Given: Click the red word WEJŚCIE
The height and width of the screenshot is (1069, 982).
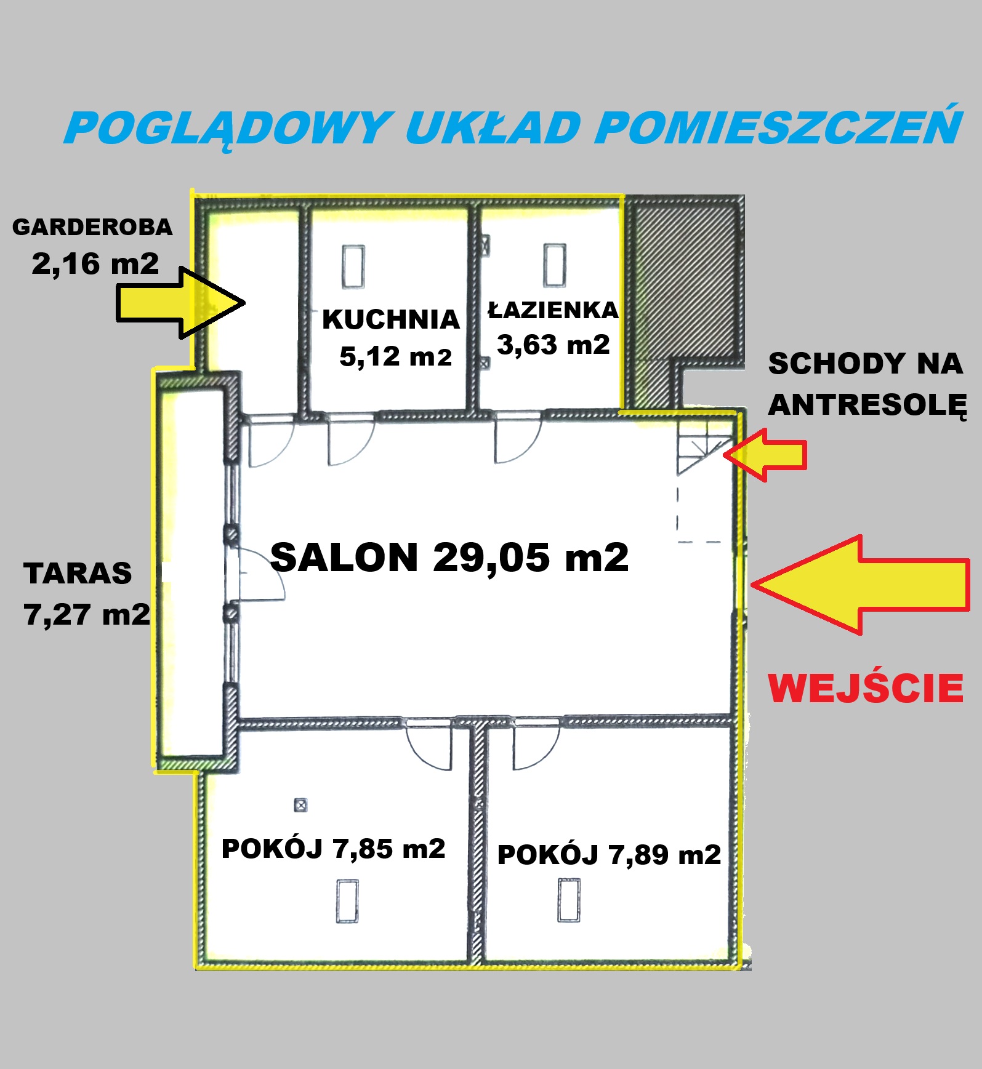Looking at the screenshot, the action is click(866, 687).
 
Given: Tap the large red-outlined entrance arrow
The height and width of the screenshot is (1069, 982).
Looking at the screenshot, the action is click(860, 585).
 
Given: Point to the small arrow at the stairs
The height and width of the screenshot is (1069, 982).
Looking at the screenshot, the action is click(765, 455).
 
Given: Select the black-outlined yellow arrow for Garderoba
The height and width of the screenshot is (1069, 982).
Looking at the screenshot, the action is click(180, 302).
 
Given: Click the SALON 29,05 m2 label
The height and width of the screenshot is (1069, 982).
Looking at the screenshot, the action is click(449, 558).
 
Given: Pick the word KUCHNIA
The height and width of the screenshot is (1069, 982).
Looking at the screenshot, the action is click(391, 319).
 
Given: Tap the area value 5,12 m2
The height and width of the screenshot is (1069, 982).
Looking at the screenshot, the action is click(396, 356).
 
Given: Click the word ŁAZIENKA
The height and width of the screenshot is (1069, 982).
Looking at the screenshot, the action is click(553, 309).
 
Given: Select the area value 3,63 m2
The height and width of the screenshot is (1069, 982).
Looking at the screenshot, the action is click(553, 345).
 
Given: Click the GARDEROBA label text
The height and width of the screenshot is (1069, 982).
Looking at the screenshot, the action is click(92, 227).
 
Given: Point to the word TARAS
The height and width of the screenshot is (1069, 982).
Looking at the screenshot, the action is click(78, 574).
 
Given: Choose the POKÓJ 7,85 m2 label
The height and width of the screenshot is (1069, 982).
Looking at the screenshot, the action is click(333, 849).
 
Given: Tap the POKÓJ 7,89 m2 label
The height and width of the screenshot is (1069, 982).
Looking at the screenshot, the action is click(609, 855).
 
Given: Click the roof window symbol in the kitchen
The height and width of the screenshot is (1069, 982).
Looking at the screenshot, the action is click(353, 266).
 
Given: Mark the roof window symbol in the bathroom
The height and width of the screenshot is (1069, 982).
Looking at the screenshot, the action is click(554, 265).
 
